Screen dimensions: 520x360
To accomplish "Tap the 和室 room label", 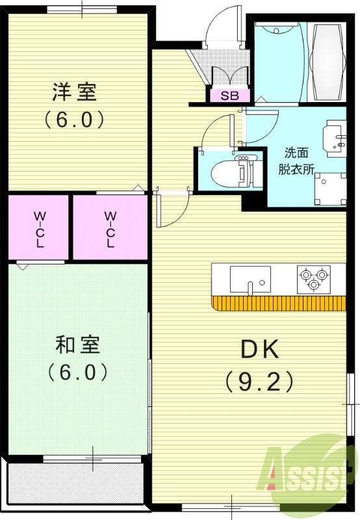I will (x=77, y=345).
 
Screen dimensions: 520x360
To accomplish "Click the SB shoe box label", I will (x=229, y=96).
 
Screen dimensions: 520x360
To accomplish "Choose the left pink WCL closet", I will (x=40, y=228).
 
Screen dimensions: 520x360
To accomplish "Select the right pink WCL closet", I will (x=110, y=228).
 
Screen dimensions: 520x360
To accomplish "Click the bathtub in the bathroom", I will (x=328, y=63).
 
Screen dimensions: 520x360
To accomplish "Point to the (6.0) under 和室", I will (x=77, y=372).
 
